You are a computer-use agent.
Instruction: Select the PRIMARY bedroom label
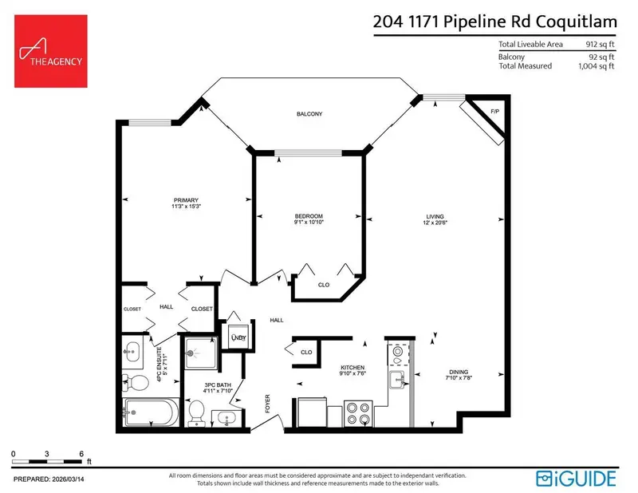tap(186, 200)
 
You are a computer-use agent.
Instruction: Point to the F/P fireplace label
tap(494, 111)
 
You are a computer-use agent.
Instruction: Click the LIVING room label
tap(435, 216)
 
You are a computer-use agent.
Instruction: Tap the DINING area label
tap(458, 372)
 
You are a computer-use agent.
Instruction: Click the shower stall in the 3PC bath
tap(198, 352)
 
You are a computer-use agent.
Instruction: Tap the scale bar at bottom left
tap(47, 462)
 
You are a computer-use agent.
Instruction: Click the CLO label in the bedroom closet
tap(324, 283)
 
